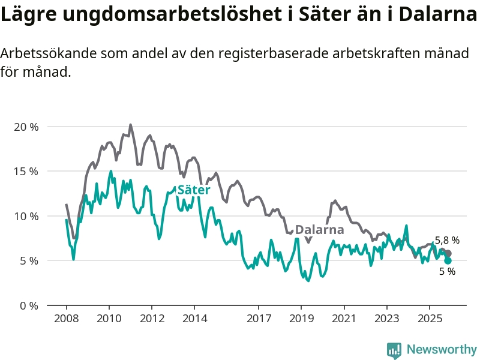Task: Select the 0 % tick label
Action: [28, 305]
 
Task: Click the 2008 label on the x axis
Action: [66, 317]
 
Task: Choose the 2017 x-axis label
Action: [259, 317]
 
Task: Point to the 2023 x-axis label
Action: [387, 317]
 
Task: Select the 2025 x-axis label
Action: [430, 317]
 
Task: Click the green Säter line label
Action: [194, 190]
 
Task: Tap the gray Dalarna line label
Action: [320, 230]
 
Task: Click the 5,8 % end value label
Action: [448, 241]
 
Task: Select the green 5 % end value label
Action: [447, 271]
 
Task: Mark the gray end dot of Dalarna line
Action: [448, 253]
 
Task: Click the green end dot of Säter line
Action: [448, 260]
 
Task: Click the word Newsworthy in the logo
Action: [442, 349]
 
